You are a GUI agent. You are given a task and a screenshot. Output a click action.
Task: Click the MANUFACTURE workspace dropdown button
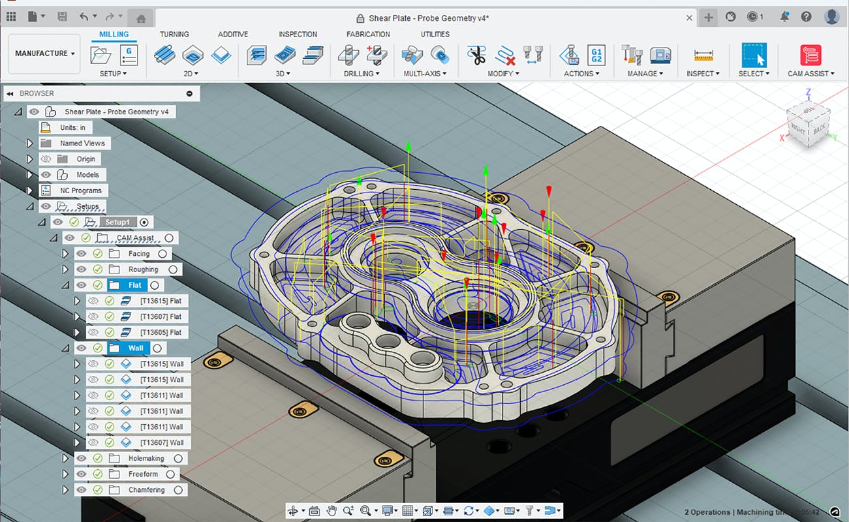(x=44, y=54)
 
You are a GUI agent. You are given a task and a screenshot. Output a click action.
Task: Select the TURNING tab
(x=174, y=34)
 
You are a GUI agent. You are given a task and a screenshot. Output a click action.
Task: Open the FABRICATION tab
(x=368, y=34)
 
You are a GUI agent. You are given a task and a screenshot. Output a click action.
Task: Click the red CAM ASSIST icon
(x=810, y=55)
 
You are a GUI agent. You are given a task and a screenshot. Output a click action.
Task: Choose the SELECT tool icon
(x=754, y=55)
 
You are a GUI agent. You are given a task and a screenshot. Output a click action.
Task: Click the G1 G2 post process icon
(x=596, y=55)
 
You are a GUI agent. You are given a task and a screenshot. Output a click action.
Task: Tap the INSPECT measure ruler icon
(x=703, y=55)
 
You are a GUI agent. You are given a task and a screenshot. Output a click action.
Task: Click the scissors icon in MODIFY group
(x=477, y=55)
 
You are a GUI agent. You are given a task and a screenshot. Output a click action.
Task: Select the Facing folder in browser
(x=138, y=254)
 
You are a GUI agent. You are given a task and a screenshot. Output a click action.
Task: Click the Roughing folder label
(x=143, y=269)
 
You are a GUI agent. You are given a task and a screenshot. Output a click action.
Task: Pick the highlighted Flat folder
(x=135, y=285)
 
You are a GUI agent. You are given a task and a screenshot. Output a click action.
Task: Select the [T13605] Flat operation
(x=161, y=332)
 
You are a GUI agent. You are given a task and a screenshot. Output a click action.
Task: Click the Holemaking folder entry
(x=146, y=459)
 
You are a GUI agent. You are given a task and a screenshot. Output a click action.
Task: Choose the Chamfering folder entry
(x=146, y=490)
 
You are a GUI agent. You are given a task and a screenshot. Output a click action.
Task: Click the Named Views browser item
(x=82, y=144)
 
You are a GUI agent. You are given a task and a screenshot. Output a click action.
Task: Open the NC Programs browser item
(x=81, y=191)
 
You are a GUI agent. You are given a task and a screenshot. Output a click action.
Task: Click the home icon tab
(x=140, y=18)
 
